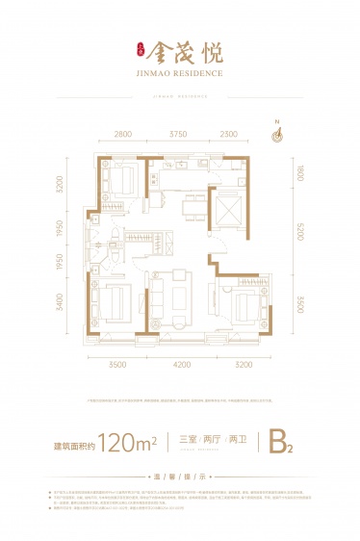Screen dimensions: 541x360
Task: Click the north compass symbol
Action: point(277,135)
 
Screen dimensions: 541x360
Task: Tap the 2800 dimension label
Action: point(119,136)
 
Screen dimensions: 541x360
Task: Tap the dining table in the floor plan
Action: point(191,207)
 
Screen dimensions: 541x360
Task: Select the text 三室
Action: point(190,442)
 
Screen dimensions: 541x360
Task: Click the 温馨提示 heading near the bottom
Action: point(180,474)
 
